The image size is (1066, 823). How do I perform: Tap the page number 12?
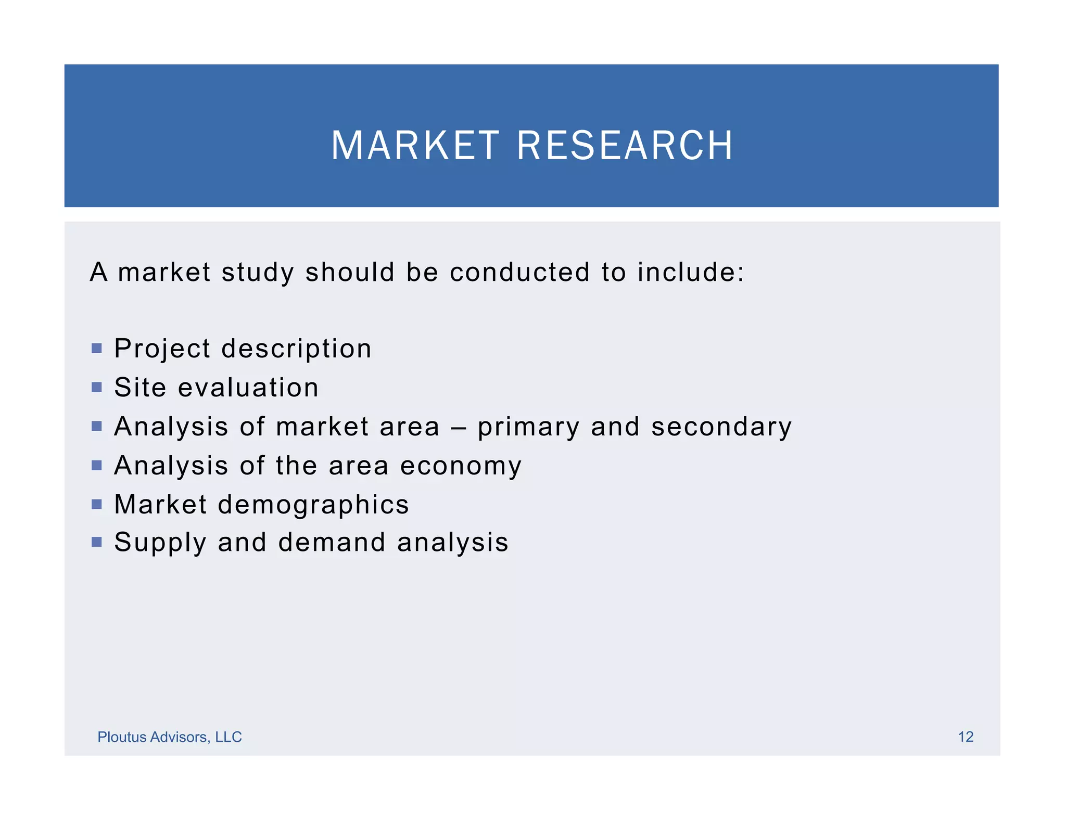(x=966, y=737)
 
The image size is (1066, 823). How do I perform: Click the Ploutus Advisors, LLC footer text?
(x=170, y=737)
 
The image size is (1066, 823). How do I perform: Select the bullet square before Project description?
(x=96, y=348)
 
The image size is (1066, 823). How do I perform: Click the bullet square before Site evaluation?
(x=96, y=387)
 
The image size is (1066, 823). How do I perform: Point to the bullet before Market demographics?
(x=96, y=504)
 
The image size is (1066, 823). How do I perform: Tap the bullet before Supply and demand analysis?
(x=96, y=542)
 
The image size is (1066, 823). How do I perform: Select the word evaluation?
(x=248, y=388)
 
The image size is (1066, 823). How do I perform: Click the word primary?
(x=528, y=427)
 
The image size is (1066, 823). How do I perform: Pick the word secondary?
(x=721, y=427)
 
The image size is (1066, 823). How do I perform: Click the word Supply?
(x=160, y=543)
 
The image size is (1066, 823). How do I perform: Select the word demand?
(x=332, y=542)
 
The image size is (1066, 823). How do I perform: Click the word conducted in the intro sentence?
(x=519, y=272)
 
